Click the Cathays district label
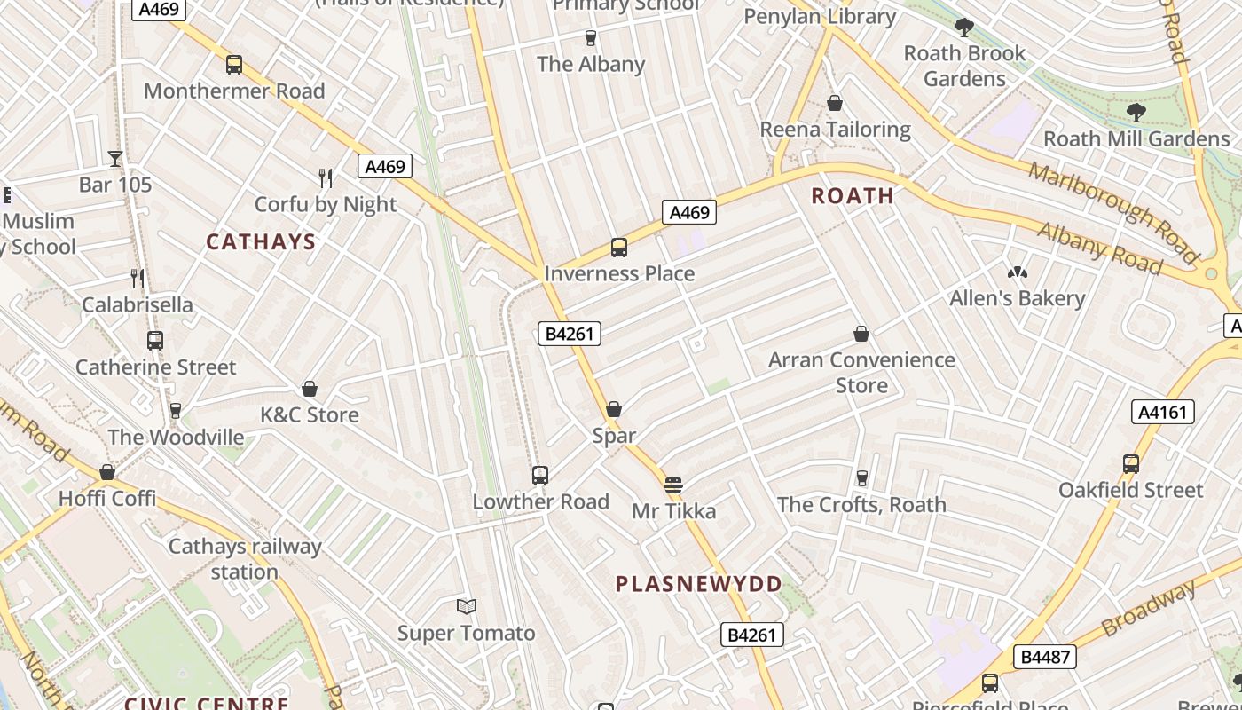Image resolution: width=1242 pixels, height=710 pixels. click(261, 241)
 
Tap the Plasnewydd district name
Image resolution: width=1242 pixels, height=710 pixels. click(699, 584)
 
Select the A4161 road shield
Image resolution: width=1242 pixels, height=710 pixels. click(1163, 411)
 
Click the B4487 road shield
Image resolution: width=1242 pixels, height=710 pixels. click(1047, 657)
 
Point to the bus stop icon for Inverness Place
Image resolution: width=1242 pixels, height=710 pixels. click(619, 248)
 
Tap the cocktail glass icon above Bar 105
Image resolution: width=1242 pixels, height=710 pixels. click(115, 159)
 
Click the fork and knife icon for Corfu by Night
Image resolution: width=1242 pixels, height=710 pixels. click(326, 178)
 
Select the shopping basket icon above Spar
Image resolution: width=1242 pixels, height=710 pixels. click(614, 409)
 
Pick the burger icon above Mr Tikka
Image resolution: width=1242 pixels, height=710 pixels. click(673, 485)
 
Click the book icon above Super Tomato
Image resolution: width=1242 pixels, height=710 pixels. click(467, 606)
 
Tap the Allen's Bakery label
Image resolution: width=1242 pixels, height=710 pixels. click(1018, 298)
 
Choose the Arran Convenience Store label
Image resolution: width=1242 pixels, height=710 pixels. click(861, 373)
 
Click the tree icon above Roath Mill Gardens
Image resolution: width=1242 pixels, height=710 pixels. click(1136, 113)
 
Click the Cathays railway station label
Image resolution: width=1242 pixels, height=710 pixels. click(245, 559)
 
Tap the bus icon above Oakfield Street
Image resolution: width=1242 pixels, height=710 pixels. click(1131, 463)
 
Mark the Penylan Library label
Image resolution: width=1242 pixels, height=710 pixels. click(820, 16)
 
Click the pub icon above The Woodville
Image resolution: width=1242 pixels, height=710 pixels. click(176, 411)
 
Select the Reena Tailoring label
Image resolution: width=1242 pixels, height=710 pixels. click(835, 130)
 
